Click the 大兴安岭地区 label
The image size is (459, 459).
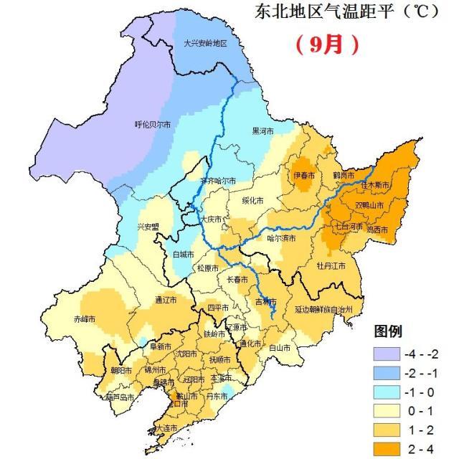coord(204,43)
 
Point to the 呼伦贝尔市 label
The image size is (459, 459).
coord(153,124)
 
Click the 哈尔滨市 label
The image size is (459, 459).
coord(281,237)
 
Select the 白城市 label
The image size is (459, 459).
coord(183,254)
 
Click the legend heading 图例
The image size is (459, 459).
coord(388,331)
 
